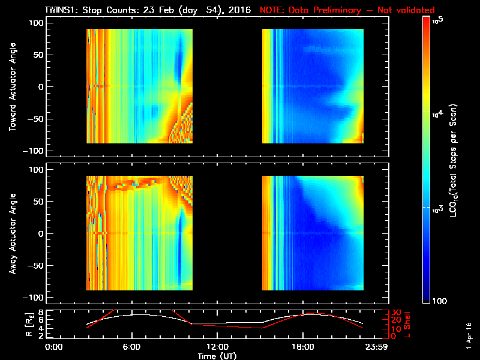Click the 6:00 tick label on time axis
tap(131, 347)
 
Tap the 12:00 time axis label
tap(217, 347)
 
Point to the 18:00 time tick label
tap(302, 347)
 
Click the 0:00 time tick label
tap(54, 347)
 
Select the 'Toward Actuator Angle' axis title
tap(11, 87)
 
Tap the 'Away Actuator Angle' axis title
tap(11, 233)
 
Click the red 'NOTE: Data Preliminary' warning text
tap(347, 10)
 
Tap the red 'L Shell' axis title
tap(406, 323)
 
